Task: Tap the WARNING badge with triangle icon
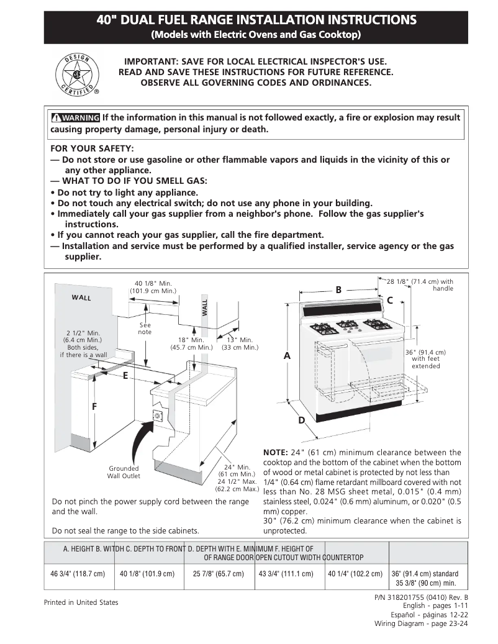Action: coord(75,118)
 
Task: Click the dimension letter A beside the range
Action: coord(287,356)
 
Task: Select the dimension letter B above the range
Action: coord(338,289)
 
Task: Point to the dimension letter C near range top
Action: coord(390,301)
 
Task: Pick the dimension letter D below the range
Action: coord(302,421)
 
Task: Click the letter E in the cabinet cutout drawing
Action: coord(125,375)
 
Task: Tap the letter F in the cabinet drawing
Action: coord(94,407)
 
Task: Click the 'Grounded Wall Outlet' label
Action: coord(124,472)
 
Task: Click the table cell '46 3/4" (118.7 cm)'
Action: coord(78,573)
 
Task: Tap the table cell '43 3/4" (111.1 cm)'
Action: coord(286,573)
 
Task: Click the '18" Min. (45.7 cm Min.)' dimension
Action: coord(191,343)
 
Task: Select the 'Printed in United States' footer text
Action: coord(81,602)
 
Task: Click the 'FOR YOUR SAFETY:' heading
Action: coord(92,148)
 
